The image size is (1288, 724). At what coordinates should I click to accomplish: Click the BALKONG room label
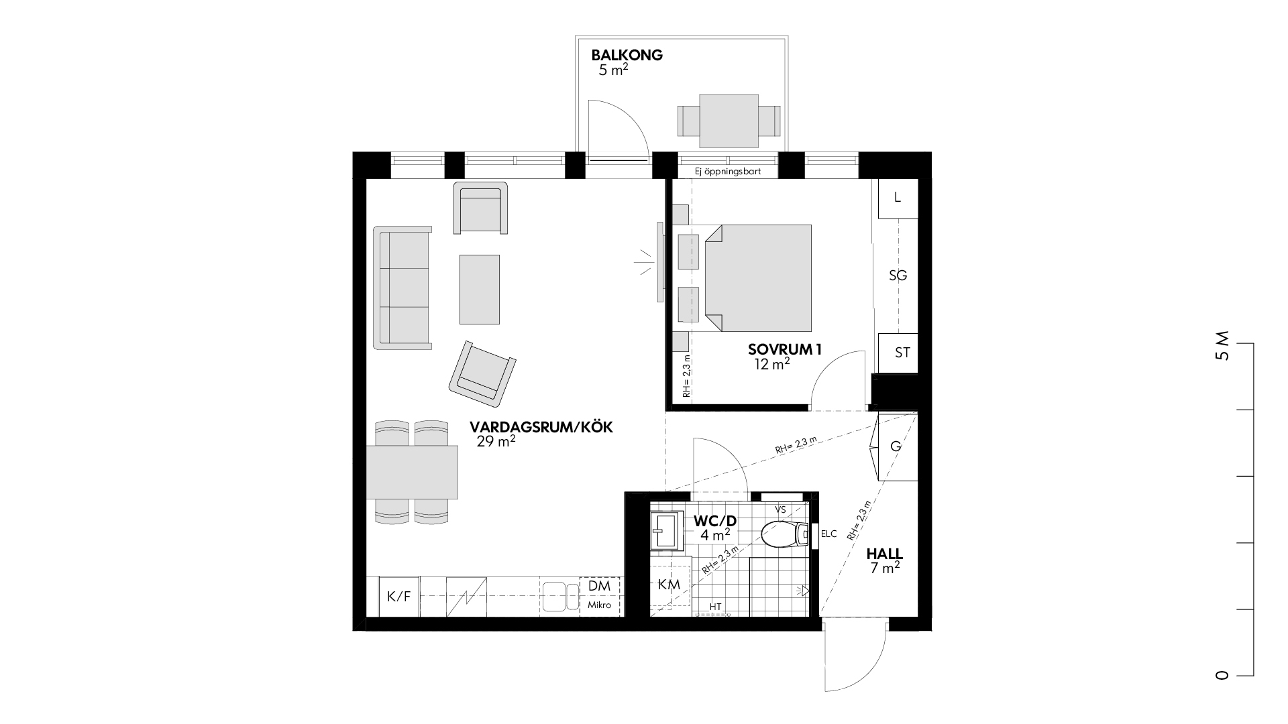[x=627, y=55]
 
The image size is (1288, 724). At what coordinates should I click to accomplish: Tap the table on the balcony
[x=729, y=121]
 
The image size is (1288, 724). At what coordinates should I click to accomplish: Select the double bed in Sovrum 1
[x=757, y=278]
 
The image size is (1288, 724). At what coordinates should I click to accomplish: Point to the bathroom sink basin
[x=665, y=532]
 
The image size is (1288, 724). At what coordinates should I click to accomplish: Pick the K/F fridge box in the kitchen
[x=399, y=596]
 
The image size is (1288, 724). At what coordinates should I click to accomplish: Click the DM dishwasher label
[x=599, y=585]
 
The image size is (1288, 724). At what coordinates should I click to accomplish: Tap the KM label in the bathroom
[x=669, y=585]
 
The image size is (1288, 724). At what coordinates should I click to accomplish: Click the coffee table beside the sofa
[x=479, y=289]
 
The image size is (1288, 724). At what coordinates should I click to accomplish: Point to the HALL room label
[x=884, y=554]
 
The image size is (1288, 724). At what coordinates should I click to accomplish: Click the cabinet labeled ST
[x=898, y=353]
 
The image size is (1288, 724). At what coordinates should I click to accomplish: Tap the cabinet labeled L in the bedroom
[x=898, y=198]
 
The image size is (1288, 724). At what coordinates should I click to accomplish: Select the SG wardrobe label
[x=898, y=276]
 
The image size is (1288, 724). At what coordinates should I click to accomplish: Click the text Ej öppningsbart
[x=729, y=172]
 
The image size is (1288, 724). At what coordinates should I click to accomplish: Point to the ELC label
[x=829, y=534]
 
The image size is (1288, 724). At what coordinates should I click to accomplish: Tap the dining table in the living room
[x=412, y=473]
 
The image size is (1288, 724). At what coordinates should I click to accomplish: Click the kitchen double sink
[x=561, y=596]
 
